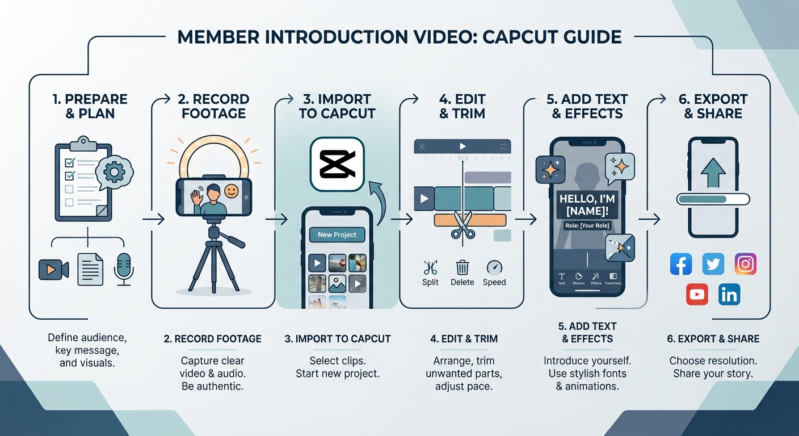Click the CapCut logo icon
coord(337,164)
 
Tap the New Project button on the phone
coord(337,234)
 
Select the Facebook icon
coord(681,264)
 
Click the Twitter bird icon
coord(713,264)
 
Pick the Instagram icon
coord(746,264)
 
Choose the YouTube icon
coord(697,295)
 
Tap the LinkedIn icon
coord(729,295)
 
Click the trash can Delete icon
coord(462,267)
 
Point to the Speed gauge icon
coord(494,267)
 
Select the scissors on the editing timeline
coord(462,225)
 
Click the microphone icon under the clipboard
coord(123,269)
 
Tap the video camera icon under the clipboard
coord(53,269)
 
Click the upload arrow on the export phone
coord(713,171)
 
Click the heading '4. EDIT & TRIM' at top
coord(462,106)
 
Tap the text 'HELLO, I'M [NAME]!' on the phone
coord(587,206)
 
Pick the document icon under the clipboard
coord(90,269)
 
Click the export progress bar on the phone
coord(713,199)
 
